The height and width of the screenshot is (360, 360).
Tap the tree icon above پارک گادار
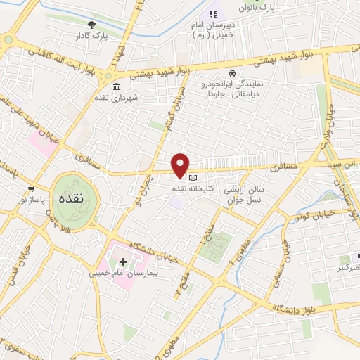(x=91, y=25)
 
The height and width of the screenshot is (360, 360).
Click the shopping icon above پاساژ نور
(x=30, y=189)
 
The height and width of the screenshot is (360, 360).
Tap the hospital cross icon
(x=133, y=262)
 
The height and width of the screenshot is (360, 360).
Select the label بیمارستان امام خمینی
(x=120, y=272)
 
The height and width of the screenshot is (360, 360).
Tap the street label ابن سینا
(x=342, y=163)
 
